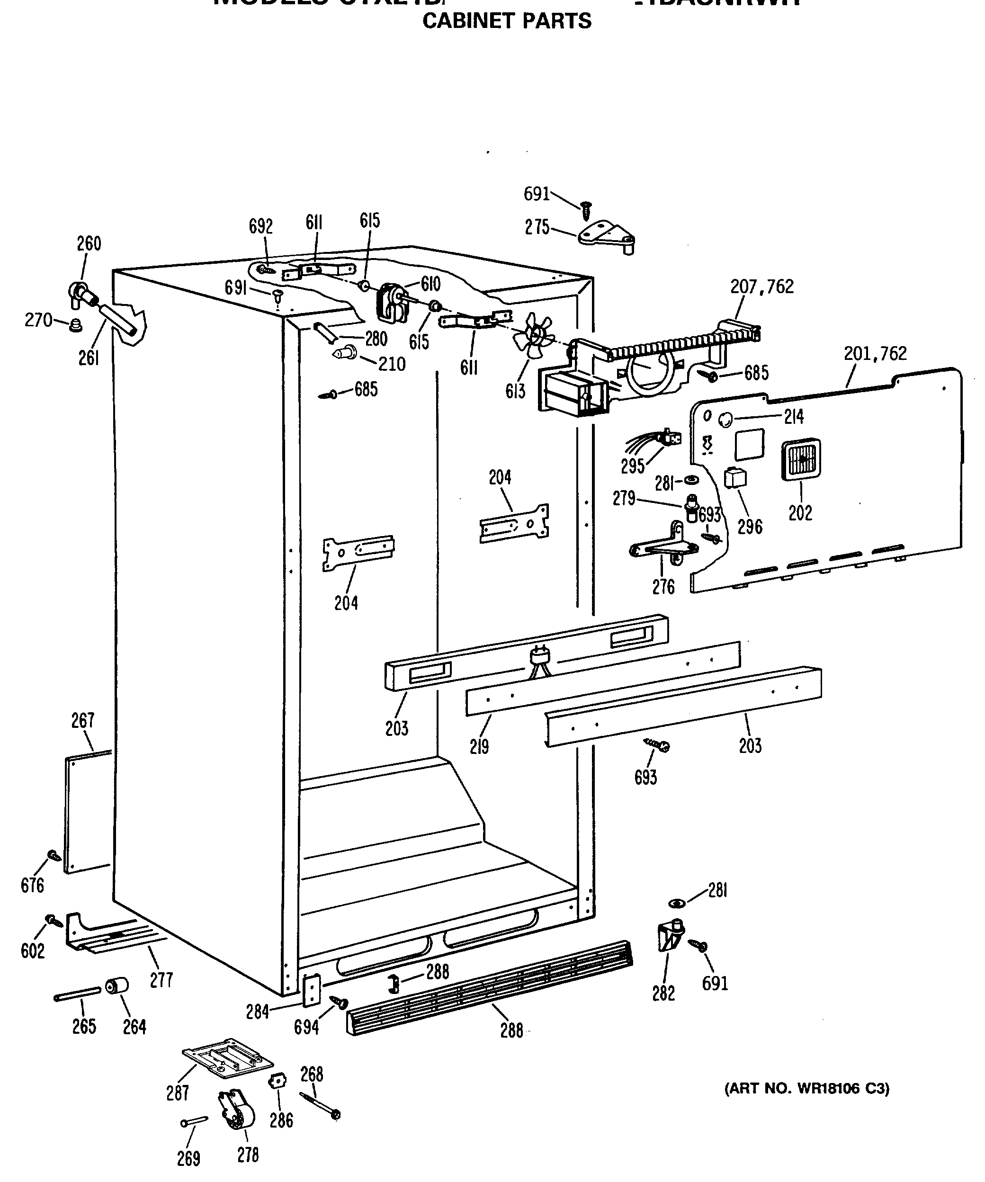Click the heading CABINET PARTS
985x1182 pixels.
click(x=507, y=21)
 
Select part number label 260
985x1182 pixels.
click(x=89, y=244)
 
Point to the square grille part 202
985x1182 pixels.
click(x=800, y=459)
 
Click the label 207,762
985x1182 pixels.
click(x=761, y=287)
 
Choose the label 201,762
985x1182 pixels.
click(x=875, y=353)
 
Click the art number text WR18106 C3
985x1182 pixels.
click(x=806, y=1089)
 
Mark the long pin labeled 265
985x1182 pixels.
click(x=77, y=994)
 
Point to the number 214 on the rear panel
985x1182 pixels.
click(x=794, y=417)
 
